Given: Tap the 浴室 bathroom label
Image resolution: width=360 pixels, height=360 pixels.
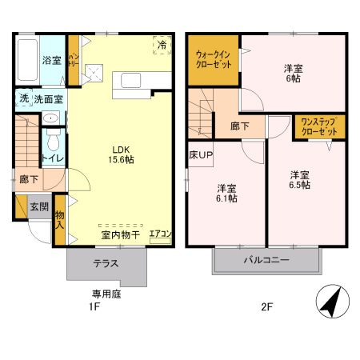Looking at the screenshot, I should coord(52,60).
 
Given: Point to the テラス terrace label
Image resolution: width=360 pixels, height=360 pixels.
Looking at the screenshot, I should coord(106,262).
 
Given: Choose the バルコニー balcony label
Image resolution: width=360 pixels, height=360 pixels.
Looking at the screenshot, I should coord(266,260).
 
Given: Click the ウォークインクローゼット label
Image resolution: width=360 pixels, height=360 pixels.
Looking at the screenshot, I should coord(214,61).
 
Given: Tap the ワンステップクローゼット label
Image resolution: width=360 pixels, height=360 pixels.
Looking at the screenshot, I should coord(318,126).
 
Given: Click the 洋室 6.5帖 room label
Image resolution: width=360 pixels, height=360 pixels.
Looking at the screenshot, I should coord(300,179).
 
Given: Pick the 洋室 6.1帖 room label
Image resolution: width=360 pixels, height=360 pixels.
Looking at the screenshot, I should coord(226,193).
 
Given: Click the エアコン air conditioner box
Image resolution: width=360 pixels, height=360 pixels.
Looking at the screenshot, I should coord(161,234).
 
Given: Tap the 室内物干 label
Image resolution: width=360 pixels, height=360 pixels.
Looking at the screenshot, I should coord(120,235).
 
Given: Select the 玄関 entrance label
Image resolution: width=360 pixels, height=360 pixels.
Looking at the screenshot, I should coord(39,206).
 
